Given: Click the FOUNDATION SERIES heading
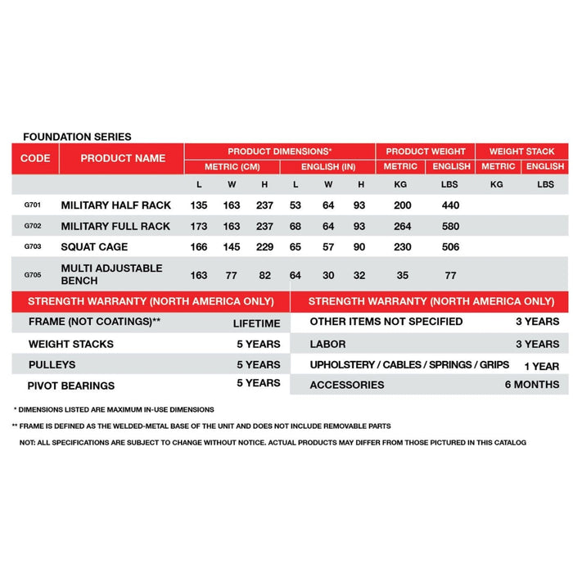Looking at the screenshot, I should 77,137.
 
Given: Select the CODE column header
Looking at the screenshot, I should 35,158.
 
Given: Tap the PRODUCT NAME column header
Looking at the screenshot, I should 123,158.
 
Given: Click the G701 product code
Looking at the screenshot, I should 29,205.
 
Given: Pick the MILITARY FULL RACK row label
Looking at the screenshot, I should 115,226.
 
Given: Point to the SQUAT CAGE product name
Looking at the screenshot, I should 94,246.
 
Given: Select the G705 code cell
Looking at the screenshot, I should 29,276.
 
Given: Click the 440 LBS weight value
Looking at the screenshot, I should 449,205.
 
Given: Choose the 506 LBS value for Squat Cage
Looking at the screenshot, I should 449,246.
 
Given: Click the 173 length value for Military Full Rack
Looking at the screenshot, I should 199,226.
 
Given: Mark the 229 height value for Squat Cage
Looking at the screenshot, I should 264,246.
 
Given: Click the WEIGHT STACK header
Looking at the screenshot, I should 521,151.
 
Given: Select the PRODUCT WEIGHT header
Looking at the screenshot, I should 426,151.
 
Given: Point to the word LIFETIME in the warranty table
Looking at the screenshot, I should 256,323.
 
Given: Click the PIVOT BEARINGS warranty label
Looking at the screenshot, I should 71,385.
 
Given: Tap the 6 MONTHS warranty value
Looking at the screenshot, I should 531,384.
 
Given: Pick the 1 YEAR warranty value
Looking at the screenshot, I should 541,366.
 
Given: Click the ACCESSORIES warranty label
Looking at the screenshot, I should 346,385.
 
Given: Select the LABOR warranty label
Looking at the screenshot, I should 327,344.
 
